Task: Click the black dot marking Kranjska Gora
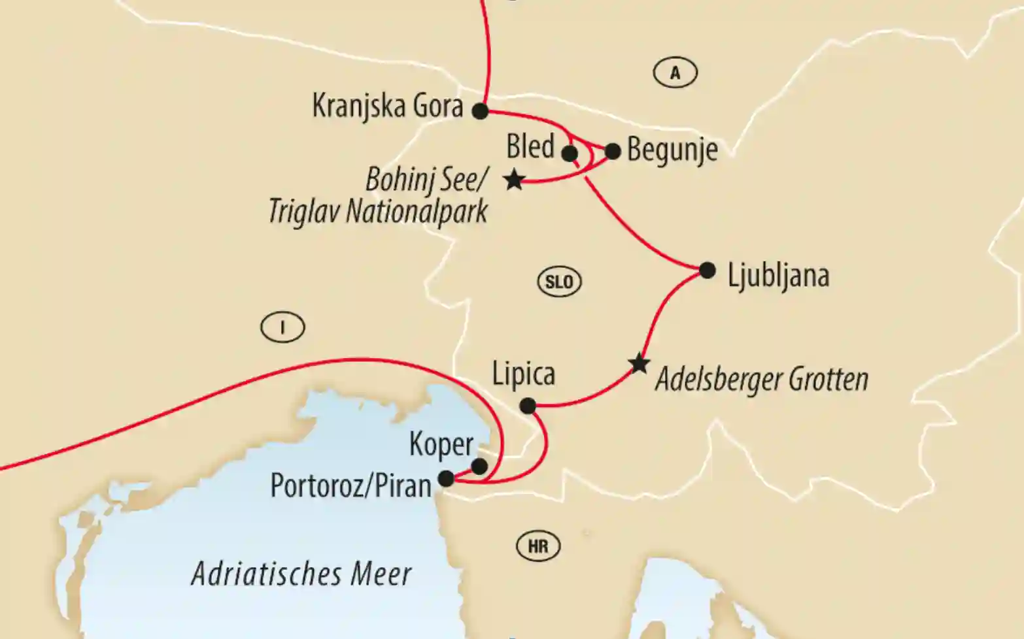point(481,111)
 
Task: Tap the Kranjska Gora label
point(387,106)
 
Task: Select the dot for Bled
point(570,154)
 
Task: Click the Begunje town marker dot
point(613,152)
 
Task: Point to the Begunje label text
point(672,150)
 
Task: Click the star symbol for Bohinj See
point(515,180)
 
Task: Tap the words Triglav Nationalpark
point(378,212)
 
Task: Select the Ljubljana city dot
point(708,270)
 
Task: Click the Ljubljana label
point(778,276)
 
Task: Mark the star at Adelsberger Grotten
point(639,364)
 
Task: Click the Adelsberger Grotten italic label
point(762,380)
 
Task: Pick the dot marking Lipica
point(527,406)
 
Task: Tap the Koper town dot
point(479,467)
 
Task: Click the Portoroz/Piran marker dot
point(446,479)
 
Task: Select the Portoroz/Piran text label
point(351,486)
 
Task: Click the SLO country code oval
point(559,282)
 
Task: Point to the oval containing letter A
point(675,73)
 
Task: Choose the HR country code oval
point(538,546)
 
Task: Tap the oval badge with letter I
point(282,327)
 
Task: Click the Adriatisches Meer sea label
point(301,574)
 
